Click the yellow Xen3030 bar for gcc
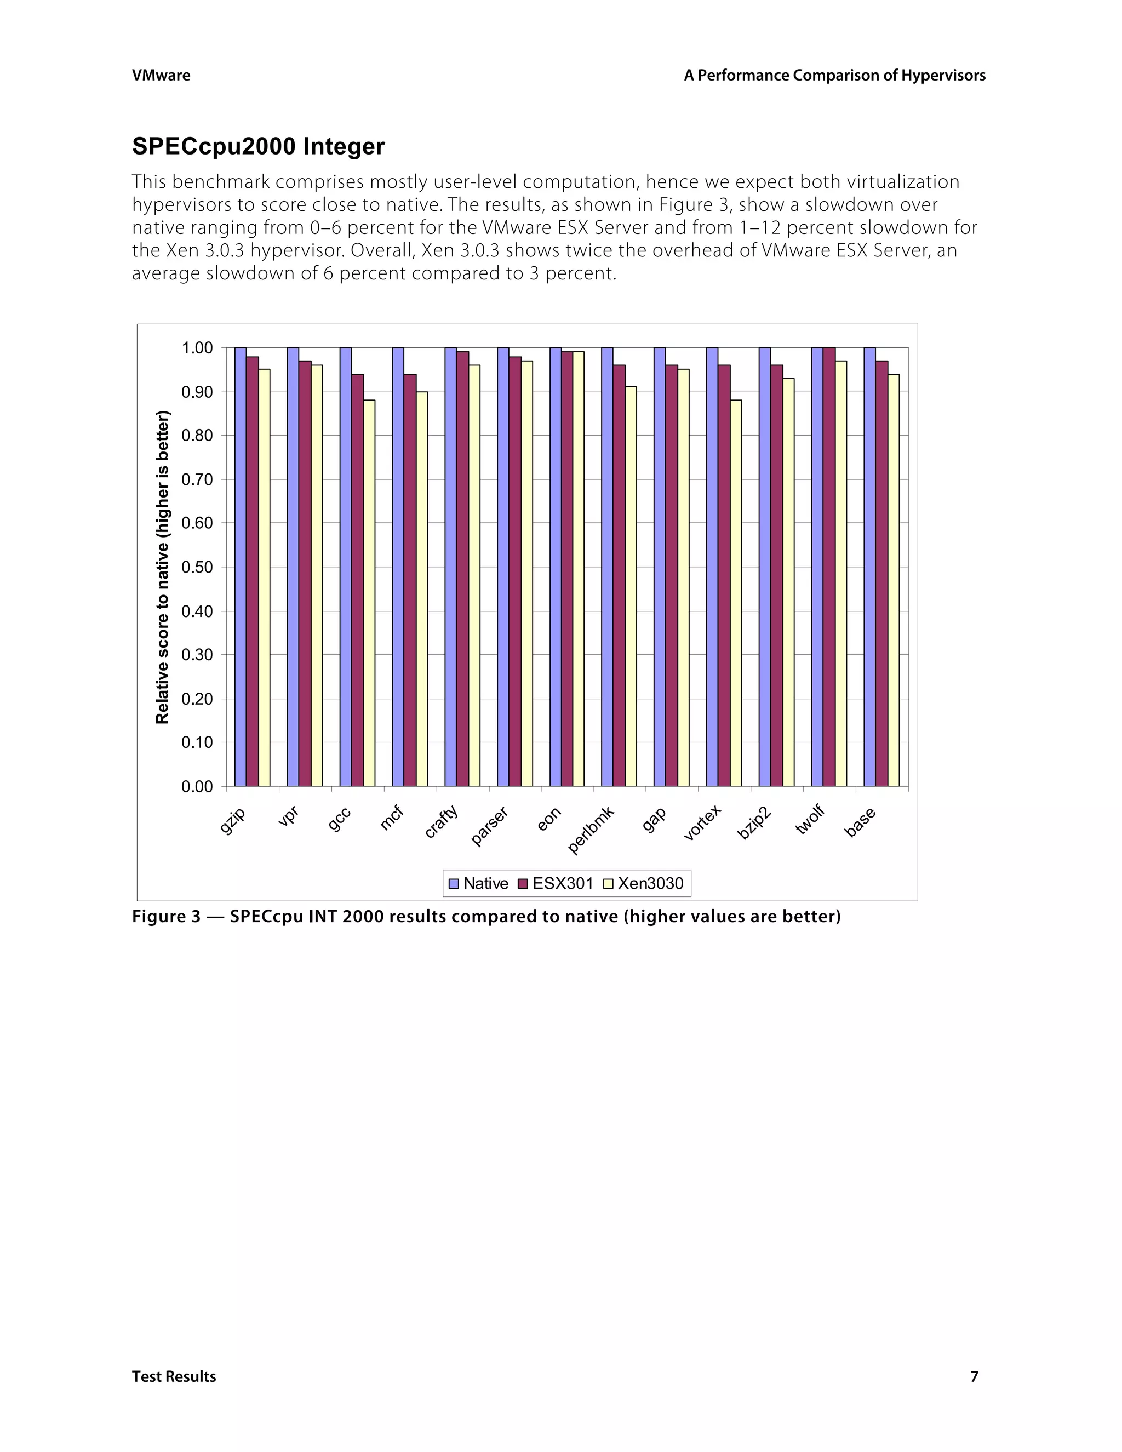pos(369,592)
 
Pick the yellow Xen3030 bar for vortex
pos(735,592)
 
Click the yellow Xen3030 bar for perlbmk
pos(631,585)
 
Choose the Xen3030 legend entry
pos(643,884)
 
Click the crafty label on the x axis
pos(442,821)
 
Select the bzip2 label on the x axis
pos(755,822)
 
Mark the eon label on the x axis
pos(549,819)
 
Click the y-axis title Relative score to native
pos(163,567)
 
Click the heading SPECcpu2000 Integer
pos(258,146)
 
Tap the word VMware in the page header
pos(161,75)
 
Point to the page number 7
pos(975,1376)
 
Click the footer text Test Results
pos(174,1376)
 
